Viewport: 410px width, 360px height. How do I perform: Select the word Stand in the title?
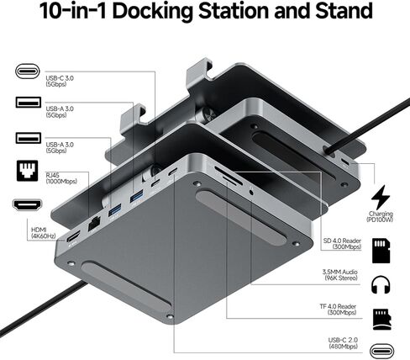[x=342, y=12]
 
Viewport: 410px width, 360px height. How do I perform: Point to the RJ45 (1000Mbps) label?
[x=56, y=176]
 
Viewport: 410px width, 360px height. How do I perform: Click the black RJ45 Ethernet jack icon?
[x=24, y=171]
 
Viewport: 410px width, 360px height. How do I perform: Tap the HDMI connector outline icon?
[x=24, y=204]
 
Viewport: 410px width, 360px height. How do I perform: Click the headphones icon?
[x=381, y=284]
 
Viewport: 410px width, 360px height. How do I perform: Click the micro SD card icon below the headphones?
[x=381, y=316]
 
